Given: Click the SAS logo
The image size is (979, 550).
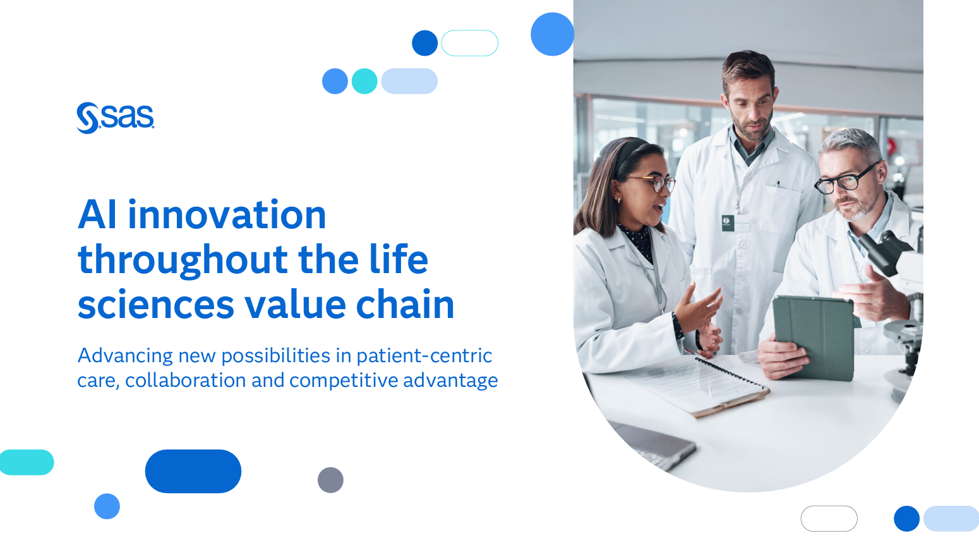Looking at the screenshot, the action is (x=116, y=118).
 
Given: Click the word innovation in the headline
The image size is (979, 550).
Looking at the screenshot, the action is (x=227, y=215).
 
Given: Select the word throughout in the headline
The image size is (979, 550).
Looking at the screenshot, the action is (x=183, y=261).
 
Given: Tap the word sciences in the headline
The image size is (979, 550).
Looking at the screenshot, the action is (x=156, y=305).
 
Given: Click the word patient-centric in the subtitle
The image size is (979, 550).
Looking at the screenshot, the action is (x=424, y=356).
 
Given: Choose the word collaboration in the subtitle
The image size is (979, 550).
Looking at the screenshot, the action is (x=185, y=380).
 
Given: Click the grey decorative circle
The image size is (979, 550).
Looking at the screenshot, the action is (x=330, y=480).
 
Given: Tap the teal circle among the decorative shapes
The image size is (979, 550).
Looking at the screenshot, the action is (x=364, y=81).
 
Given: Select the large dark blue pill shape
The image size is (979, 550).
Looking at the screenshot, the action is (x=193, y=471).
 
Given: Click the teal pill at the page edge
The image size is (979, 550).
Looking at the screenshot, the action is (x=27, y=462).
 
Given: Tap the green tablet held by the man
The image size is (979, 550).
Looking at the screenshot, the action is (x=814, y=338).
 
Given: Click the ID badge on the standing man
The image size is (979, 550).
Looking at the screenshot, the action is (x=728, y=223).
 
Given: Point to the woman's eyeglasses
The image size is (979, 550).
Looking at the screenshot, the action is (x=652, y=182).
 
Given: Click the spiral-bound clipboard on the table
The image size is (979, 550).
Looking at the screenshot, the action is (x=697, y=386).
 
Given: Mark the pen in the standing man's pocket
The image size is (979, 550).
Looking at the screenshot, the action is (x=778, y=185).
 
